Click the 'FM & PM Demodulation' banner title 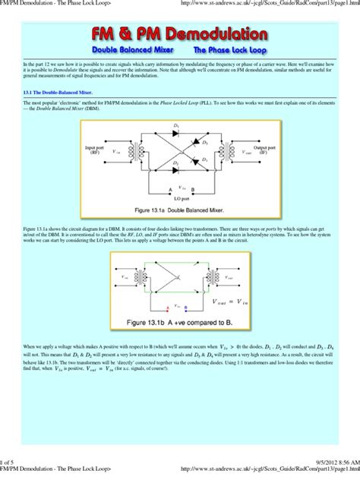click(180, 35)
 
